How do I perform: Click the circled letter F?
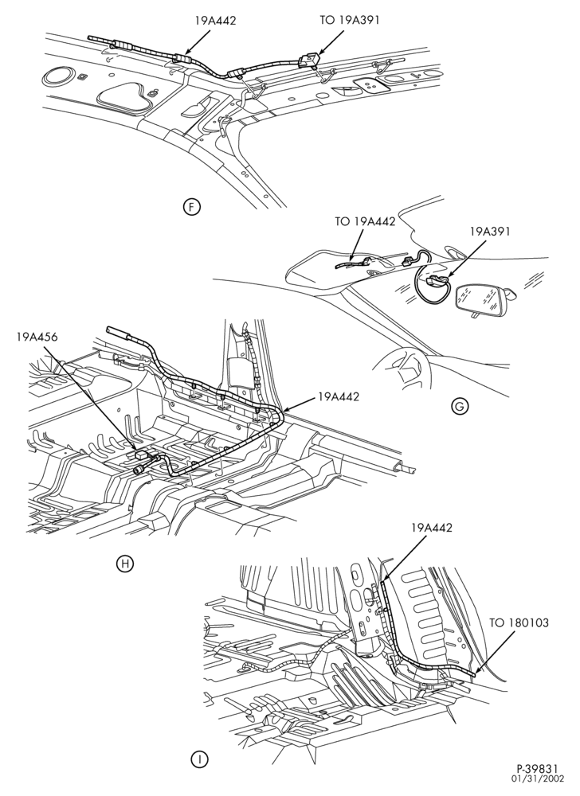click(x=192, y=207)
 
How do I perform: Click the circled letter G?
click(x=459, y=406)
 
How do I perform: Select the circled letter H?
click(x=124, y=563)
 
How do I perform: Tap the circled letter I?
click(x=200, y=760)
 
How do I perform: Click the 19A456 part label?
click(x=37, y=336)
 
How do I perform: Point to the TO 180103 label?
click(x=519, y=622)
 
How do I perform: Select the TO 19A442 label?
click(x=365, y=221)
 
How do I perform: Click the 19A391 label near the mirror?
click(x=490, y=232)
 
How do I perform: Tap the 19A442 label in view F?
click(x=215, y=21)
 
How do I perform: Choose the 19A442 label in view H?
click(x=339, y=396)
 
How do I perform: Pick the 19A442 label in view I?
click(x=432, y=528)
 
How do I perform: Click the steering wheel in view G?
click(x=402, y=365)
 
